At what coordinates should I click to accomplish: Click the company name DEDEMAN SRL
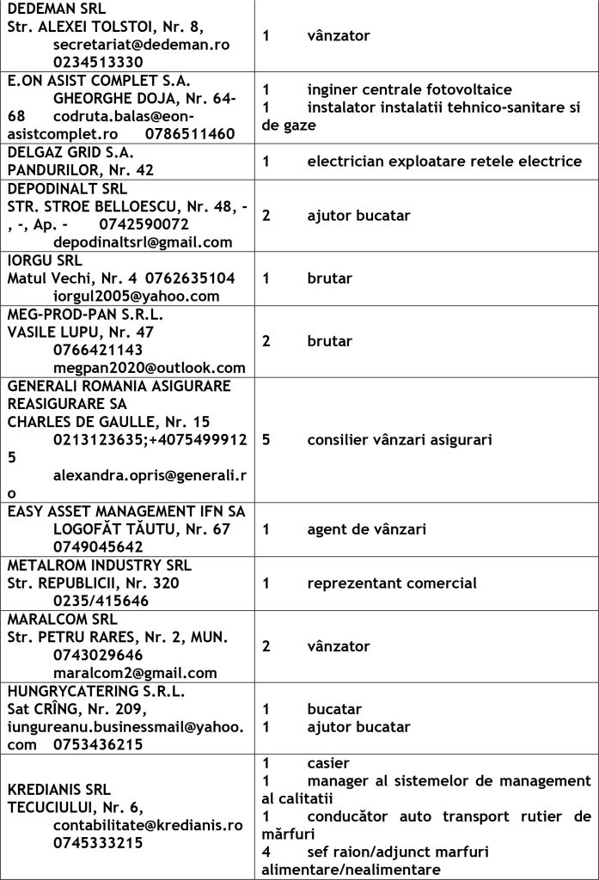coord(54,9)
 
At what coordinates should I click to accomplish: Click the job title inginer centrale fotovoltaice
coord(409,90)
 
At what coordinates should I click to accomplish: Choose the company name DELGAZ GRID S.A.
coord(66,152)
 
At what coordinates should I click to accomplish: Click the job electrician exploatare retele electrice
coord(444,161)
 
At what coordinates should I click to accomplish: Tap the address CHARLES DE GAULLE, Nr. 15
coord(108,422)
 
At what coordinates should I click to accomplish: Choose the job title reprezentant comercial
coord(392,584)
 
